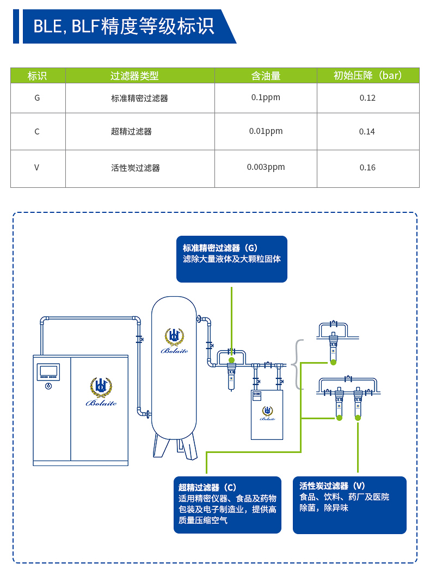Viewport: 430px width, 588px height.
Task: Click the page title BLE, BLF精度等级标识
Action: click(x=124, y=26)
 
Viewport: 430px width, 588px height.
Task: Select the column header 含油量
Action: click(x=266, y=76)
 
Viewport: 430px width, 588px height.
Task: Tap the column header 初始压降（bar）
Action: click(x=368, y=76)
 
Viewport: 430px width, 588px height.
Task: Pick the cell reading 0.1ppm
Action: click(x=266, y=97)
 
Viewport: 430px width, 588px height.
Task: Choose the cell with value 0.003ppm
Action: click(x=266, y=167)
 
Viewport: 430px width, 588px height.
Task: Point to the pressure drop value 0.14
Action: click(x=367, y=132)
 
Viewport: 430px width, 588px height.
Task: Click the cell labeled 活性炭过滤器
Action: click(x=136, y=168)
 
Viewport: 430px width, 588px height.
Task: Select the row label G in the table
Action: click(x=37, y=98)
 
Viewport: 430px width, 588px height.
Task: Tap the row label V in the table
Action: click(x=37, y=168)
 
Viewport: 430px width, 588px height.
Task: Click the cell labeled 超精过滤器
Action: click(x=131, y=132)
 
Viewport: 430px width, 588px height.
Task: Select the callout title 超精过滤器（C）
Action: click(x=207, y=487)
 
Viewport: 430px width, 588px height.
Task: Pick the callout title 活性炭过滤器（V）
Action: click(x=332, y=486)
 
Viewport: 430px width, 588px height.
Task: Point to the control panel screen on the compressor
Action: click(x=48, y=371)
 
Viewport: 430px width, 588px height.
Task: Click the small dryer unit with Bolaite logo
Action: click(x=267, y=414)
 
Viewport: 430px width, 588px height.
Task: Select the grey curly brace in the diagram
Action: click(x=298, y=365)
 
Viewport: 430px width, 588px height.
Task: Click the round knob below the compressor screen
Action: click(x=48, y=386)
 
